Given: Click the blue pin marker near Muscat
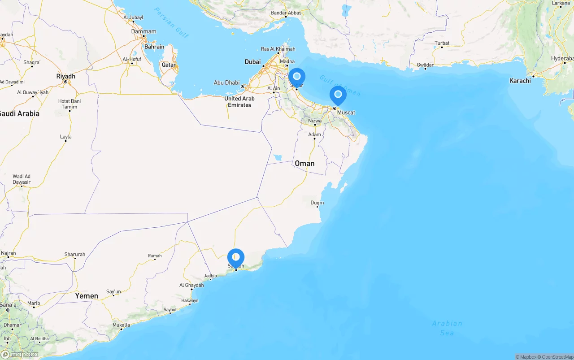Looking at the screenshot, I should click(x=338, y=95).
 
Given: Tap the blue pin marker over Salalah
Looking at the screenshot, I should click(x=236, y=258).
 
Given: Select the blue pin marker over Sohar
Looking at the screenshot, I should click(x=296, y=77).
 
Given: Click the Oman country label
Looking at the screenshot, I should click(x=304, y=163).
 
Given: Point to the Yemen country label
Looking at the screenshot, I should click(x=87, y=296).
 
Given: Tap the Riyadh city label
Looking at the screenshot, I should click(x=65, y=76).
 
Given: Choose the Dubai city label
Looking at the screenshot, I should click(x=252, y=62).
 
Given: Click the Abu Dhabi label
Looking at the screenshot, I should click(x=227, y=82).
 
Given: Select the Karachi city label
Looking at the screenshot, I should click(x=520, y=81).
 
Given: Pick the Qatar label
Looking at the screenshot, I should click(x=169, y=65).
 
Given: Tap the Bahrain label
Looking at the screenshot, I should click(x=154, y=47).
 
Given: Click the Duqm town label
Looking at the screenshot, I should click(x=317, y=203).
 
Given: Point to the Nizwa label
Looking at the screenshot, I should click(x=314, y=121).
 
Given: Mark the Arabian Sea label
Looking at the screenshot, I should click(x=447, y=328).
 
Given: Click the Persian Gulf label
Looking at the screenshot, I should click(x=171, y=22).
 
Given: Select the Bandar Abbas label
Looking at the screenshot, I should click(x=286, y=13).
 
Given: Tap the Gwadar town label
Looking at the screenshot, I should click(x=425, y=65).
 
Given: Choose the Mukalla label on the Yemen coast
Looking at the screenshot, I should click(x=121, y=325).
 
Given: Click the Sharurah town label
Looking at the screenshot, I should click(x=74, y=255).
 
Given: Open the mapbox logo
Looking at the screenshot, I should click(x=20, y=354).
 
